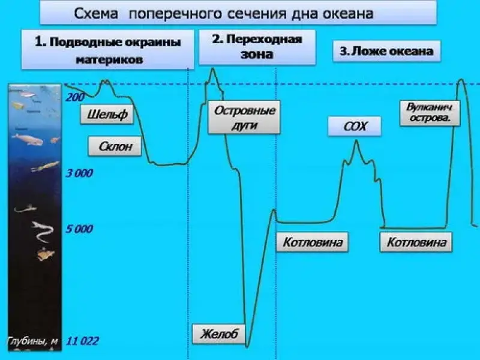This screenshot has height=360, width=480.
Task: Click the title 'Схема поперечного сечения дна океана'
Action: tap(238, 13)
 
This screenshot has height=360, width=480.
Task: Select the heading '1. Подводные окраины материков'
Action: tap(107, 51)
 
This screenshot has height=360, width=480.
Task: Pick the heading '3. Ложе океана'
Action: tap(386, 51)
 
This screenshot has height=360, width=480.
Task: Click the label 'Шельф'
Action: tap(107, 115)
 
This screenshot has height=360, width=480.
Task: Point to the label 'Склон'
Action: tap(118, 146)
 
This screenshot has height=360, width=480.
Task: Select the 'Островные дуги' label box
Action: tap(244, 118)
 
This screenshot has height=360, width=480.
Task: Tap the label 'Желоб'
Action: tap(219, 334)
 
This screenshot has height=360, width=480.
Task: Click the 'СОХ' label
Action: tap(355, 127)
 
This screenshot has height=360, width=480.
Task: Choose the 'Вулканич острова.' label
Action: tap(428, 113)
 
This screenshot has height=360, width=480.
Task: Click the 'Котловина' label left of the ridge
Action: tap(312, 242)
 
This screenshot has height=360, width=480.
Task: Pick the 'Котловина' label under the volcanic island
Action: tap(416, 242)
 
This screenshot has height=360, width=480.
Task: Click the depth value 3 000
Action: tap(80, 173)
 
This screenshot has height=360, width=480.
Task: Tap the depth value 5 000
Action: tap(80, 229)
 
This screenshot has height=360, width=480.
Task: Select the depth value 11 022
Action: tap(82, 341)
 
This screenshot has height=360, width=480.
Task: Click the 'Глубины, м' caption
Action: tap(33, 341)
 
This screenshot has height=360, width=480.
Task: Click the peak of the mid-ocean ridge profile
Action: tap(356, 140)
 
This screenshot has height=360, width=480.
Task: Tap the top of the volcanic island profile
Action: tap(461, 80)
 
